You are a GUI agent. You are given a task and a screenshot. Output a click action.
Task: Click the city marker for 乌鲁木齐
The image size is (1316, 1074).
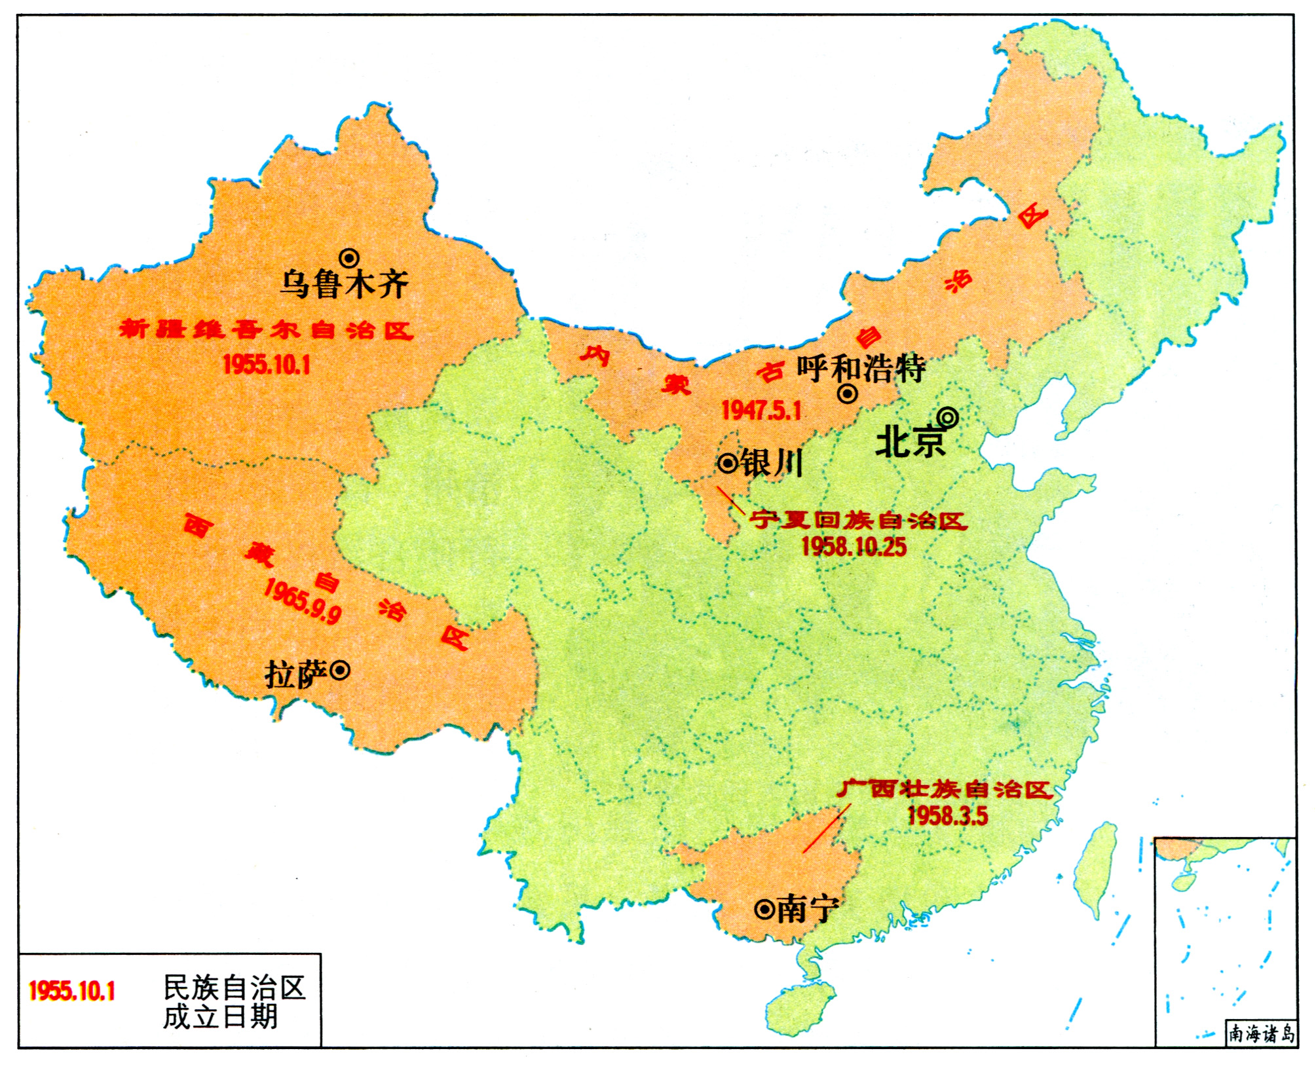click(x=348, y=258)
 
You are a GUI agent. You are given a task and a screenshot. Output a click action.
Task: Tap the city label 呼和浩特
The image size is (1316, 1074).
click(x=861, y=369)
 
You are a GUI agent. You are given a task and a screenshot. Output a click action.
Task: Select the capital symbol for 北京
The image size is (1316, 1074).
click(x=947, y=417)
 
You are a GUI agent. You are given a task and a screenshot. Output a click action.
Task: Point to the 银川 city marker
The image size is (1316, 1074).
click(x=728, y=464)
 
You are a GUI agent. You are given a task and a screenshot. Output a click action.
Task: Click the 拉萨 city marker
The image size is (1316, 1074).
click(x=339, y=671)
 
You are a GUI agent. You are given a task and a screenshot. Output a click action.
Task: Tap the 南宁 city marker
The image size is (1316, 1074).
click(x=764, y=910)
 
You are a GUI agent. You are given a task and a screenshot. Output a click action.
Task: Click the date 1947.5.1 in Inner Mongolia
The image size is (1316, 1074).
click(x=761, y=411)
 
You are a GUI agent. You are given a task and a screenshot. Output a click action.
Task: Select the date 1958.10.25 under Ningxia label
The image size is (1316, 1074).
click(x=854, y=547)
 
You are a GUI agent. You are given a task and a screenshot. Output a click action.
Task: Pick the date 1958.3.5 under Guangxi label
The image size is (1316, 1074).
click(x=947, y=816)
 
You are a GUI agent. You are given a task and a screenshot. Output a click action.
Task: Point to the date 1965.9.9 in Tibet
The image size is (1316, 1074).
click(x=302, y=602)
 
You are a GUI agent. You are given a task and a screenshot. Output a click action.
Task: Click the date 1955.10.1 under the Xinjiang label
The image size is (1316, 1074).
click(x=266, y=365)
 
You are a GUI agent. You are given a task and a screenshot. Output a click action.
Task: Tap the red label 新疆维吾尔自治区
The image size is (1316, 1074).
click(x=266, y=329)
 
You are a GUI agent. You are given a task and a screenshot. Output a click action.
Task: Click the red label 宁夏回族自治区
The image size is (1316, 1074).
click(x=858, y=521)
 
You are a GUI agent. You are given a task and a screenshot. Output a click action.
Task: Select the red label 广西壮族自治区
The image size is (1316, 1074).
click(x=943, y=789)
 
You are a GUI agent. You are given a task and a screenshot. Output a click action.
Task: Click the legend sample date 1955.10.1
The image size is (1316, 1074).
click(x=72, y=991)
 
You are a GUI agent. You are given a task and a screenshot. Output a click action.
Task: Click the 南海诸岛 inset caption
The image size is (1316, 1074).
click(x=1261, y=1034)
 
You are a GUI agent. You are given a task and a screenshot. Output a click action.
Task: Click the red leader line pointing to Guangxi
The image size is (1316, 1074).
click(x=827, y=829)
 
